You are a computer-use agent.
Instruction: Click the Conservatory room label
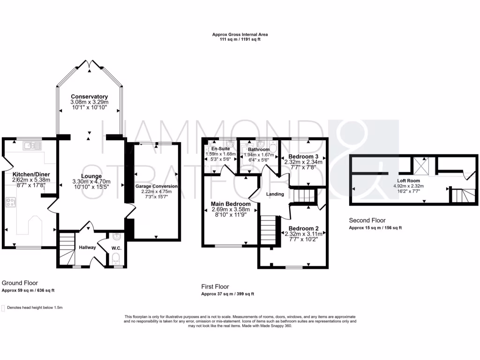(x=89, y=97)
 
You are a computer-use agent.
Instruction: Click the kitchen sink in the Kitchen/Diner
(x=31, y=146)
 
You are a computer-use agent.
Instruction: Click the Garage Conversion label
(x=157, y=186)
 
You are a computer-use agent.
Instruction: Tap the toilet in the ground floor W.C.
(x=116, y=258)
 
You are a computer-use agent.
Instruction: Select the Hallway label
(x=87, y=247)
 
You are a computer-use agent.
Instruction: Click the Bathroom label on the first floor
(x=259, y=150)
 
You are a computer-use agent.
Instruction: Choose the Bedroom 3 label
(x=303, y=156)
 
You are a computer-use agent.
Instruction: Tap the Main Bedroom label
(x=230, y=204)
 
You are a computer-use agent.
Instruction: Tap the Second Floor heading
(x=367, y=220)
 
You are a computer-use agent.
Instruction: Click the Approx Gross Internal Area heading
(x=240, y=35)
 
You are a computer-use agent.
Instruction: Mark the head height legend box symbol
(x=3, y=308)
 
